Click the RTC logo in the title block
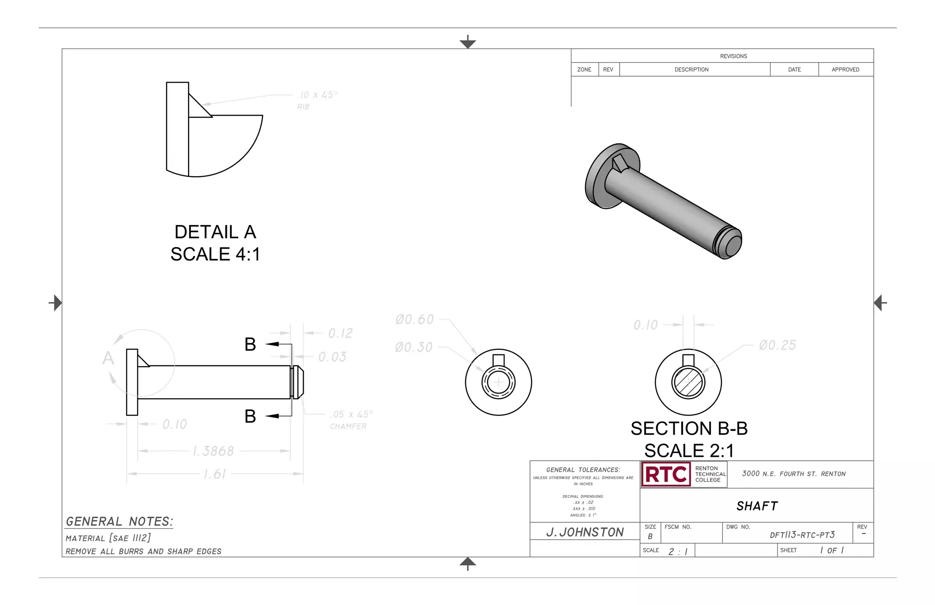coord(666,474)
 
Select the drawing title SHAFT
coord(757,506)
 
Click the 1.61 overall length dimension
coord(214,474)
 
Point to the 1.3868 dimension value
coord(213,451)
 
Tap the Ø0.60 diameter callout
coord(415,319)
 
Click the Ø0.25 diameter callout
coord(777,345)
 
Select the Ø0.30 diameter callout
coord(414,347)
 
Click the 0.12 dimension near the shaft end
coord(340,333)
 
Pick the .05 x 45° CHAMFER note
coord(351,420)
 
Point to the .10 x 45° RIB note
coord(317,100)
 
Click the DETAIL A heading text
coord(215,232)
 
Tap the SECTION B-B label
coord(689,428)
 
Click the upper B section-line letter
coord(250,344)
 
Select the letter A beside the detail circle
coord(108,358)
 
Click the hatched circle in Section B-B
coord(688,383)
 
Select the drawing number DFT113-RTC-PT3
coord(802,535)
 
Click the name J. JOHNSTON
coord(585,532)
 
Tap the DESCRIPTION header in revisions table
coord(691,69)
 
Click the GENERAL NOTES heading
coord(119,521)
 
